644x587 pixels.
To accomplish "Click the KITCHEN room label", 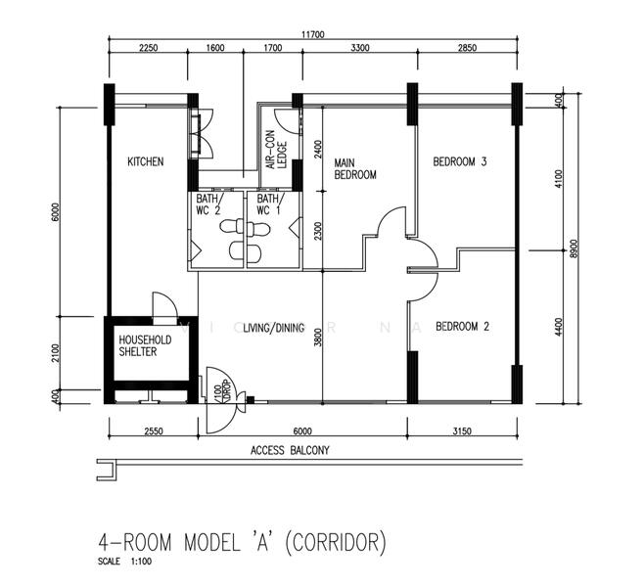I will tap(145, 161).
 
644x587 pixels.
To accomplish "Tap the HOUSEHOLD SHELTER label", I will tap(145, 345).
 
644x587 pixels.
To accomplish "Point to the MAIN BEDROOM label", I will tap(355, 169).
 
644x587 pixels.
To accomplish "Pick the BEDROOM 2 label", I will tap(463, 327).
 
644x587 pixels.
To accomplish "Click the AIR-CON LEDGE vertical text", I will tap(275, 153).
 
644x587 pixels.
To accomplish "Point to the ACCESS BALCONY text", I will tap(291, 450).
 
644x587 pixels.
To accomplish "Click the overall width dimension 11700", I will tap(312, 34).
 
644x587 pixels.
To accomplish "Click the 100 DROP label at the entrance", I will tap(219, 389).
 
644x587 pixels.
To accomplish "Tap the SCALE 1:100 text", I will tap(124, 563).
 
